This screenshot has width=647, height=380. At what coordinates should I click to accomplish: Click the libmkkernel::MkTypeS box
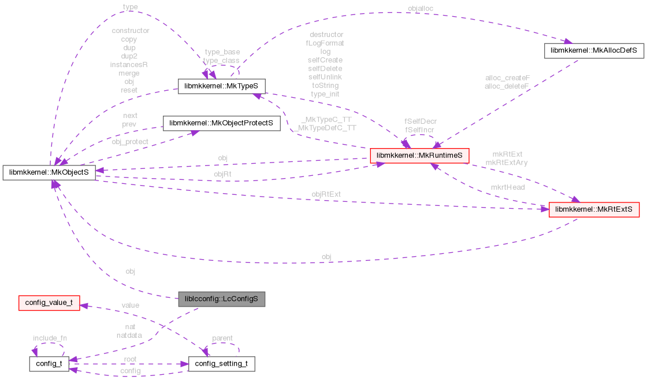tap(221, 87)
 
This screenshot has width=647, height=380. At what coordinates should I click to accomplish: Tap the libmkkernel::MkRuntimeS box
tap(419, 156)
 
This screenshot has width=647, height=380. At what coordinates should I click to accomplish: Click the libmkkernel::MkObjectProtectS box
tap(221, 123)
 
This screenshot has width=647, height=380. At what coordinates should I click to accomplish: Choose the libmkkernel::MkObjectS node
tap(49, 172)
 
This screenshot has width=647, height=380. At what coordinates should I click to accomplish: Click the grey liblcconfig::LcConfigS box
tap(222, 299)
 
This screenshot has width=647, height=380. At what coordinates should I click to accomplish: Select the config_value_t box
tap(49, 302)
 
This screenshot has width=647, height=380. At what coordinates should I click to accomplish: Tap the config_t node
tap(49, 364)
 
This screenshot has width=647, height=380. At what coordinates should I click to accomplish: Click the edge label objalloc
tap(420, 9)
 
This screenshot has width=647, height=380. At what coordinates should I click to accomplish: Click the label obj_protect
tap(130, 142)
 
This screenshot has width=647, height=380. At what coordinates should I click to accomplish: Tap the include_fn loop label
tap(50, 338)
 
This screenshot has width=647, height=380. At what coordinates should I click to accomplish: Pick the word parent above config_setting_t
tap(222, 338)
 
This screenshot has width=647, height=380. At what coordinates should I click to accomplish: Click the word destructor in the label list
tap(326, 35)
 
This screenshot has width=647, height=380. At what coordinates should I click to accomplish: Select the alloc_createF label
tap(507, 77)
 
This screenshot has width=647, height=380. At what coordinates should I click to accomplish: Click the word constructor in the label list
tap(131, 31)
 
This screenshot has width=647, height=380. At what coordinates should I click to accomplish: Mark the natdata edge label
tap(129, 335)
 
